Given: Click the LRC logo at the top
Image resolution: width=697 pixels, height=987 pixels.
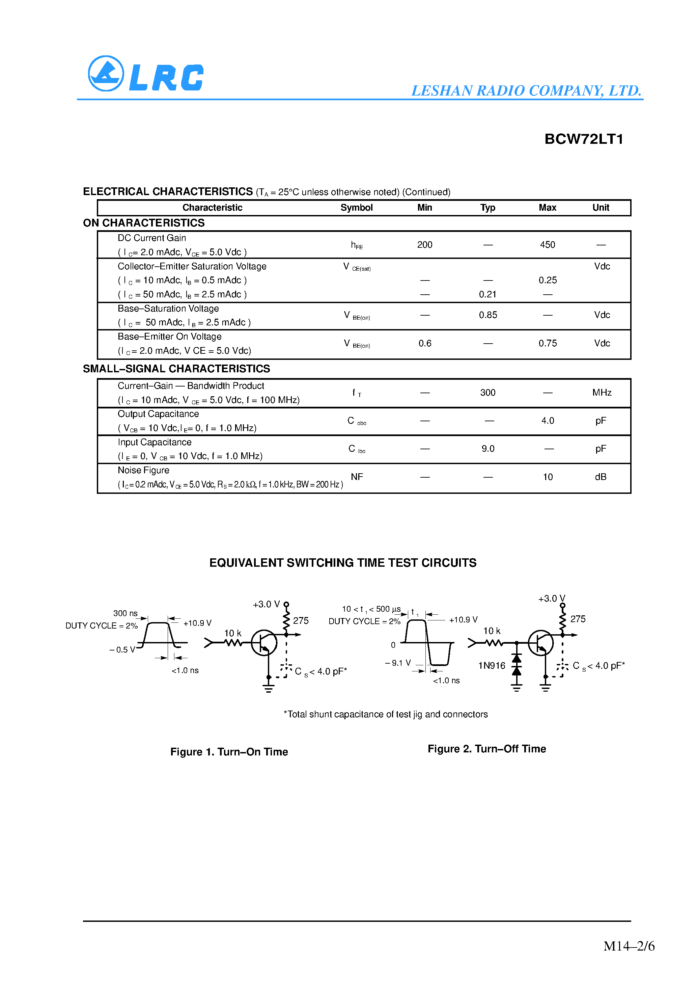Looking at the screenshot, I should [145, 74].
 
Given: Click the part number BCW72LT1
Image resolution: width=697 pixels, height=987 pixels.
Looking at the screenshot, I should [583, 139].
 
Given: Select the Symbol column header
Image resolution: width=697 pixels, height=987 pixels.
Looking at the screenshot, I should [356, 208].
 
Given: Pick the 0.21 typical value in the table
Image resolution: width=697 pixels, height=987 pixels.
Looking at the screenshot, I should [487, 294].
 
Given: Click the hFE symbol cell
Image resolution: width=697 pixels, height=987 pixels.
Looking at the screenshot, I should [357, 245].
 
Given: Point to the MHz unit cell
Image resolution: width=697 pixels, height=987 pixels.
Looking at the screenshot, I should [601, 393].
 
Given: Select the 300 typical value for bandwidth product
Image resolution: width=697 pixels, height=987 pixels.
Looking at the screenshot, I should [487, 393].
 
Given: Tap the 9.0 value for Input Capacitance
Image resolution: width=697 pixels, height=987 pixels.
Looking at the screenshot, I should [487, 449].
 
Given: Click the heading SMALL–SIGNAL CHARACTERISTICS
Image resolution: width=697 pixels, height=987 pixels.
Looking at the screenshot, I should [176, 369].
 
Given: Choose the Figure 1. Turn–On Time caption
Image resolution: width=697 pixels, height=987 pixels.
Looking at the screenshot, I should [229, 752].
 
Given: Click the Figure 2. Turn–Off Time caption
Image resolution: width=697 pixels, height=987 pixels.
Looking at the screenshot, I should [486, 749].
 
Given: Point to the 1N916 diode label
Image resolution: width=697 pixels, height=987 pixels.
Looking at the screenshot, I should [492, 666].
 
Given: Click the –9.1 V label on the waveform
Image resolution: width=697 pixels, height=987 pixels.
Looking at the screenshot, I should [398, 663].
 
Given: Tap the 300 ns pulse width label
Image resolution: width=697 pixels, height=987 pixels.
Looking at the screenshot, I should [125, 613].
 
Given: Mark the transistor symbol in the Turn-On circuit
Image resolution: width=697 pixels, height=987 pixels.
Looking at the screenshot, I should [264, 643].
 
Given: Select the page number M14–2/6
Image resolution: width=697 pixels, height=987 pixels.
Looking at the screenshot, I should [629, 946].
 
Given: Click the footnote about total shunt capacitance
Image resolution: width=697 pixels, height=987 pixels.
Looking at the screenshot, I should [386, 715].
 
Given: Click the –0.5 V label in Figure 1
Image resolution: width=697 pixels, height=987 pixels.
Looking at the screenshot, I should [122, 649].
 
